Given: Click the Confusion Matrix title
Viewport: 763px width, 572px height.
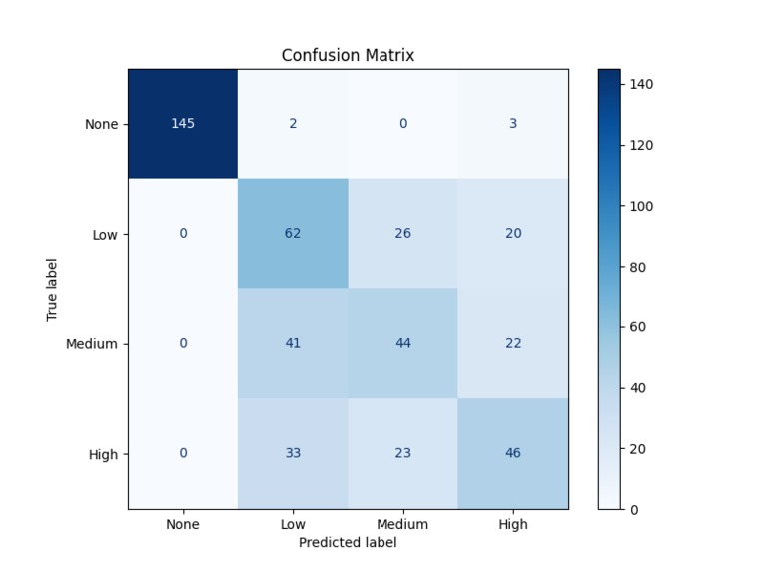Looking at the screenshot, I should [x=348, y=56].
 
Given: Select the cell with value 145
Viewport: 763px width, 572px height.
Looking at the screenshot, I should [x=183, y=124].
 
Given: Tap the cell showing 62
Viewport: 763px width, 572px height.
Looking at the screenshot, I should [x=293, y=234].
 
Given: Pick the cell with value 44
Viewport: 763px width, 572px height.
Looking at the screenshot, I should [x=402, y=343].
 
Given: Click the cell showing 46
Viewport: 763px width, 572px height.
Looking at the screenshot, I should [x=513, y=453].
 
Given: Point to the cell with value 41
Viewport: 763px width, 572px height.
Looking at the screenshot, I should [x=293, y=343].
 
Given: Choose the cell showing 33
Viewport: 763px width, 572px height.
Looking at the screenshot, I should [x=293, y=453].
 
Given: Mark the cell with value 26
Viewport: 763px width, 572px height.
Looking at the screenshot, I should [x=402, y=234].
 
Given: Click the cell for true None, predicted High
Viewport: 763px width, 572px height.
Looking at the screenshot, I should [x=513, y=124].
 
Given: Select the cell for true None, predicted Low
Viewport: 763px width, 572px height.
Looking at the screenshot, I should [x=293, y=124].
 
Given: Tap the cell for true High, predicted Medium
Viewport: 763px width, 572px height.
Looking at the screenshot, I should [x=402, y=453].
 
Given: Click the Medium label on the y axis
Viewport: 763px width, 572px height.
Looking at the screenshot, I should [x=92, y=344].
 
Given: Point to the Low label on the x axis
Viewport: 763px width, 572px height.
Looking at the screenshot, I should [x=293, y=524].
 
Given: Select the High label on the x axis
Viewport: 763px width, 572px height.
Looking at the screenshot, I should [x=513, y=524].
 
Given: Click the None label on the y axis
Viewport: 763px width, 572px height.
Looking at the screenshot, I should [x=102, y=125].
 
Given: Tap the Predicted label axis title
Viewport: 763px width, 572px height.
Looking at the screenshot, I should [x=348, y=542].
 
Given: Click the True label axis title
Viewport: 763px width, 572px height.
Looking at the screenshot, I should [x=52, y=289].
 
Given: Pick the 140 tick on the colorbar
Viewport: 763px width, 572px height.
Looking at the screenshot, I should [x=640, y=85].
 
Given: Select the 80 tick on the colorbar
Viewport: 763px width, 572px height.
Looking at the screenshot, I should [x=637, y=267].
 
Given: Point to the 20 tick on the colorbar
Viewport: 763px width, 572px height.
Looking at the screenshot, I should [x=637, y=449].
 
